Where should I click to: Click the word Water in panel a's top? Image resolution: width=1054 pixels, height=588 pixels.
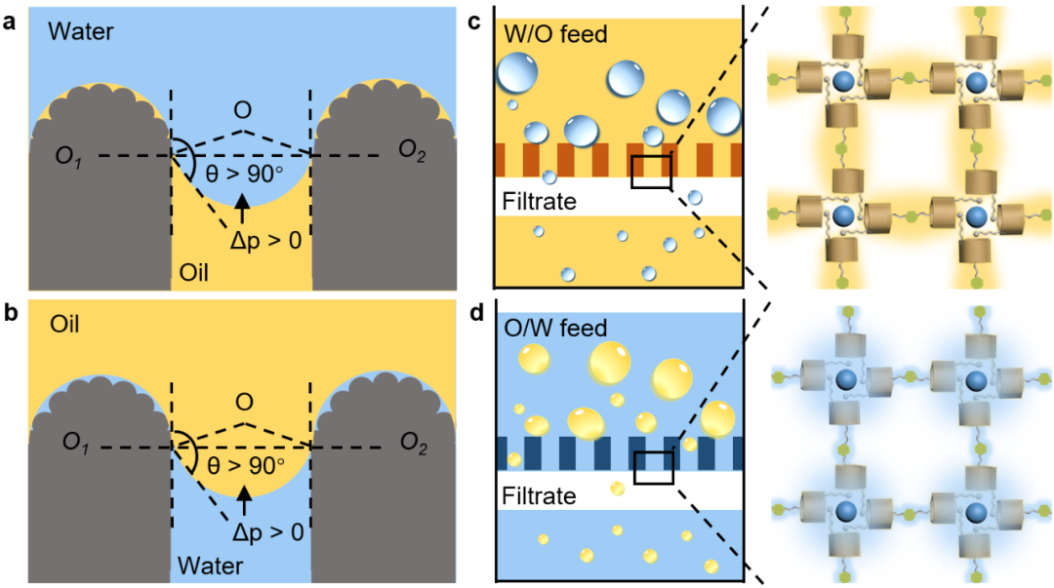click(x=81, y=32)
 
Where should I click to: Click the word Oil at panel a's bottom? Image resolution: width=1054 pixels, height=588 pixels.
click(x=195, y=271)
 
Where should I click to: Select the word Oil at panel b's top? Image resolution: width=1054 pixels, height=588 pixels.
click(x=64, y=321)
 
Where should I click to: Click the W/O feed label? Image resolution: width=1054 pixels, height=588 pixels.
click(x=555, y=35)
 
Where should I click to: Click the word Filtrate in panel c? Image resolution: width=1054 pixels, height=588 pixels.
click(x=539, y=203)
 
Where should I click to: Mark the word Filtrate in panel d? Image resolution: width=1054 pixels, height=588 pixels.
click(x=539, y=495)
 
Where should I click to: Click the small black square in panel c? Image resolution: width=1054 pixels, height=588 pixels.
click(x=651, y=171)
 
